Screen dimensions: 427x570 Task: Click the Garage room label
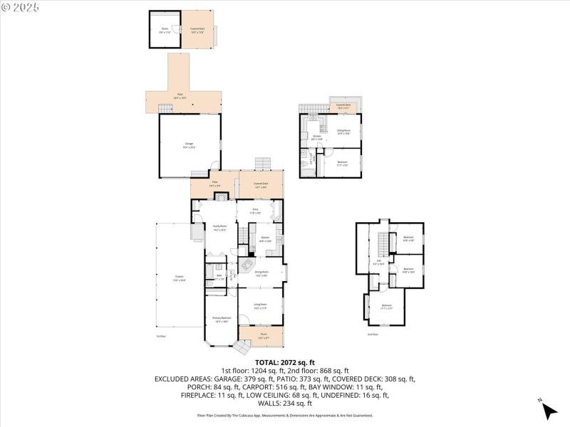189,145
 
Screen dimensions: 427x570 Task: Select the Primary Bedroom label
221,320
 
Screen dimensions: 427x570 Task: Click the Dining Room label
261,272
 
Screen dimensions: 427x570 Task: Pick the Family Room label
219,228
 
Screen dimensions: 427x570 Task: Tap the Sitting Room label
344,132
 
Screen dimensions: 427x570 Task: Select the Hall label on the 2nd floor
380,262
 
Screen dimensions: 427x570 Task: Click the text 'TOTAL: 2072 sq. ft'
285,362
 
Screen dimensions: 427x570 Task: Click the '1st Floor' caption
161,336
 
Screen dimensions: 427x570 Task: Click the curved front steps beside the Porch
243,347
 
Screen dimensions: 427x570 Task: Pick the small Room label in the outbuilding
165,30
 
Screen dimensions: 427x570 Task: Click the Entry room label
255,211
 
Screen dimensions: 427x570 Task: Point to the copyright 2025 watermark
21,6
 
